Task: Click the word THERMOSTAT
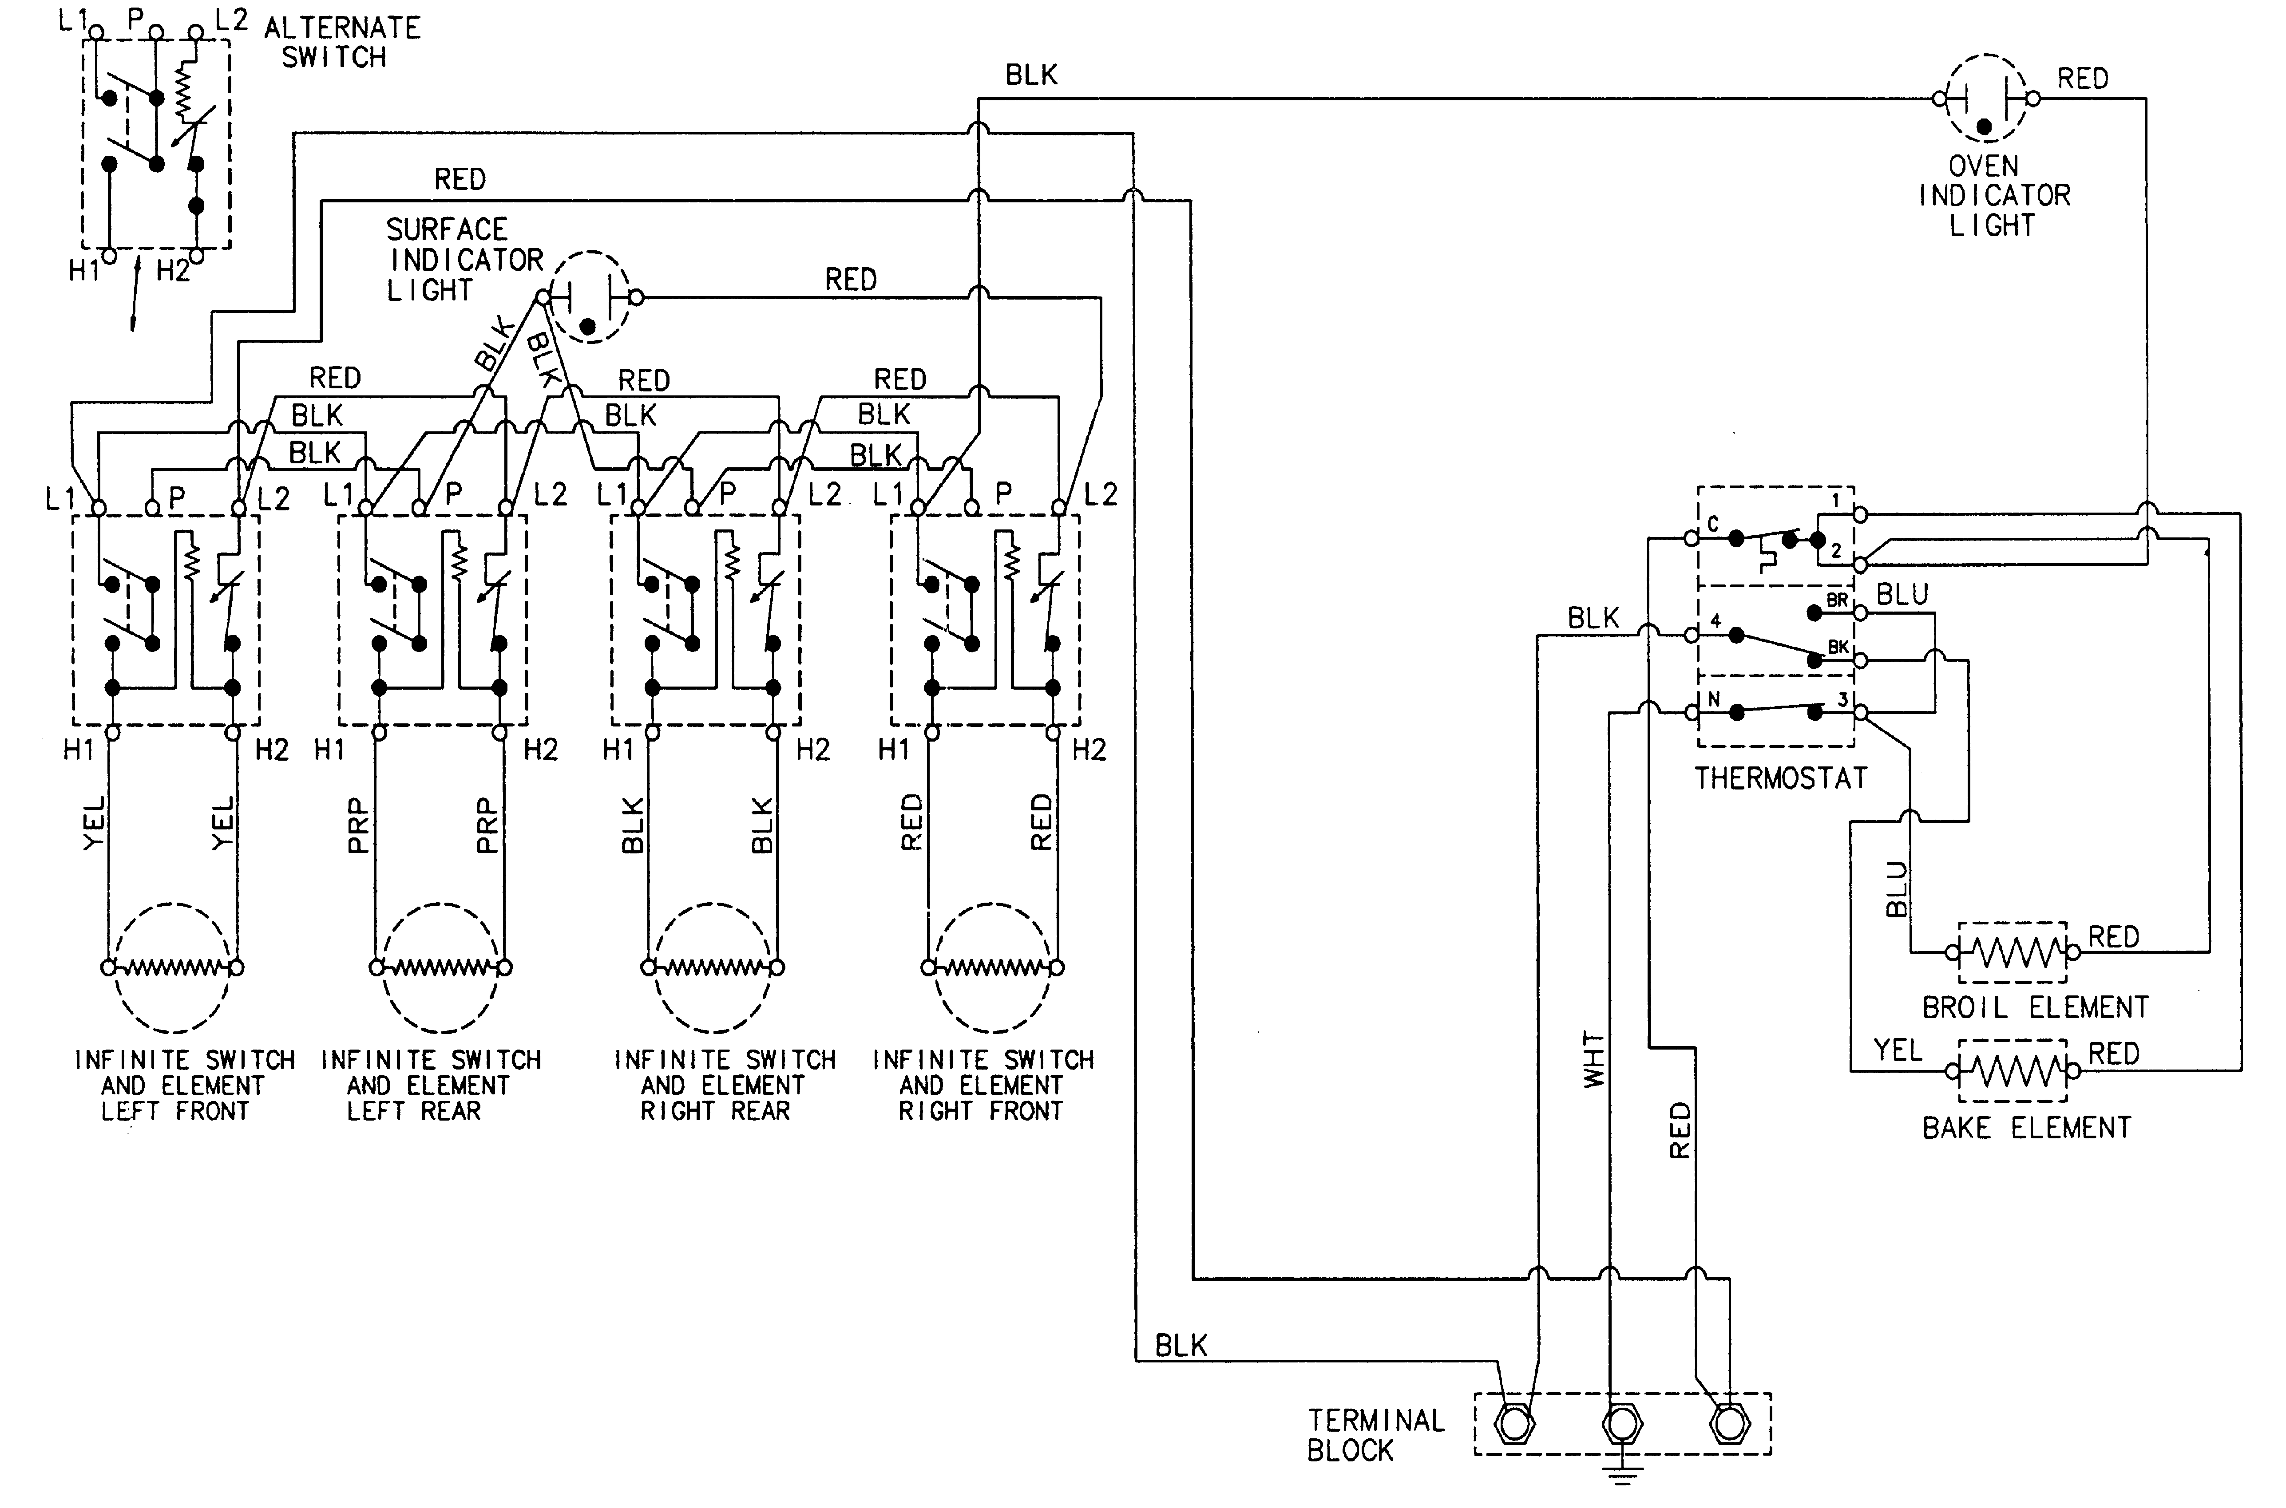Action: click(1780, 778)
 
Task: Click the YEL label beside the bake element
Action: click(1897, 1050)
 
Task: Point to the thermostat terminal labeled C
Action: click(1692, 539)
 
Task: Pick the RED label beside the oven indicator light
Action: click(2082, 79)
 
